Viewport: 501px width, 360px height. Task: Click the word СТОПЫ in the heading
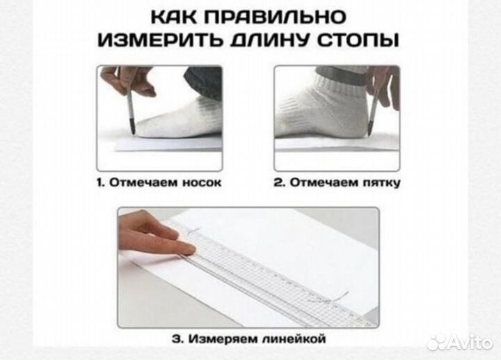(x=363, y=40)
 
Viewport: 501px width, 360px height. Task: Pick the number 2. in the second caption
(x=279, y=182)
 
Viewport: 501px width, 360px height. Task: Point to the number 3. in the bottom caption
(x=176, y=339)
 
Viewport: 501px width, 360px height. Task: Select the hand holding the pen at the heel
(x=385, y=84)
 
